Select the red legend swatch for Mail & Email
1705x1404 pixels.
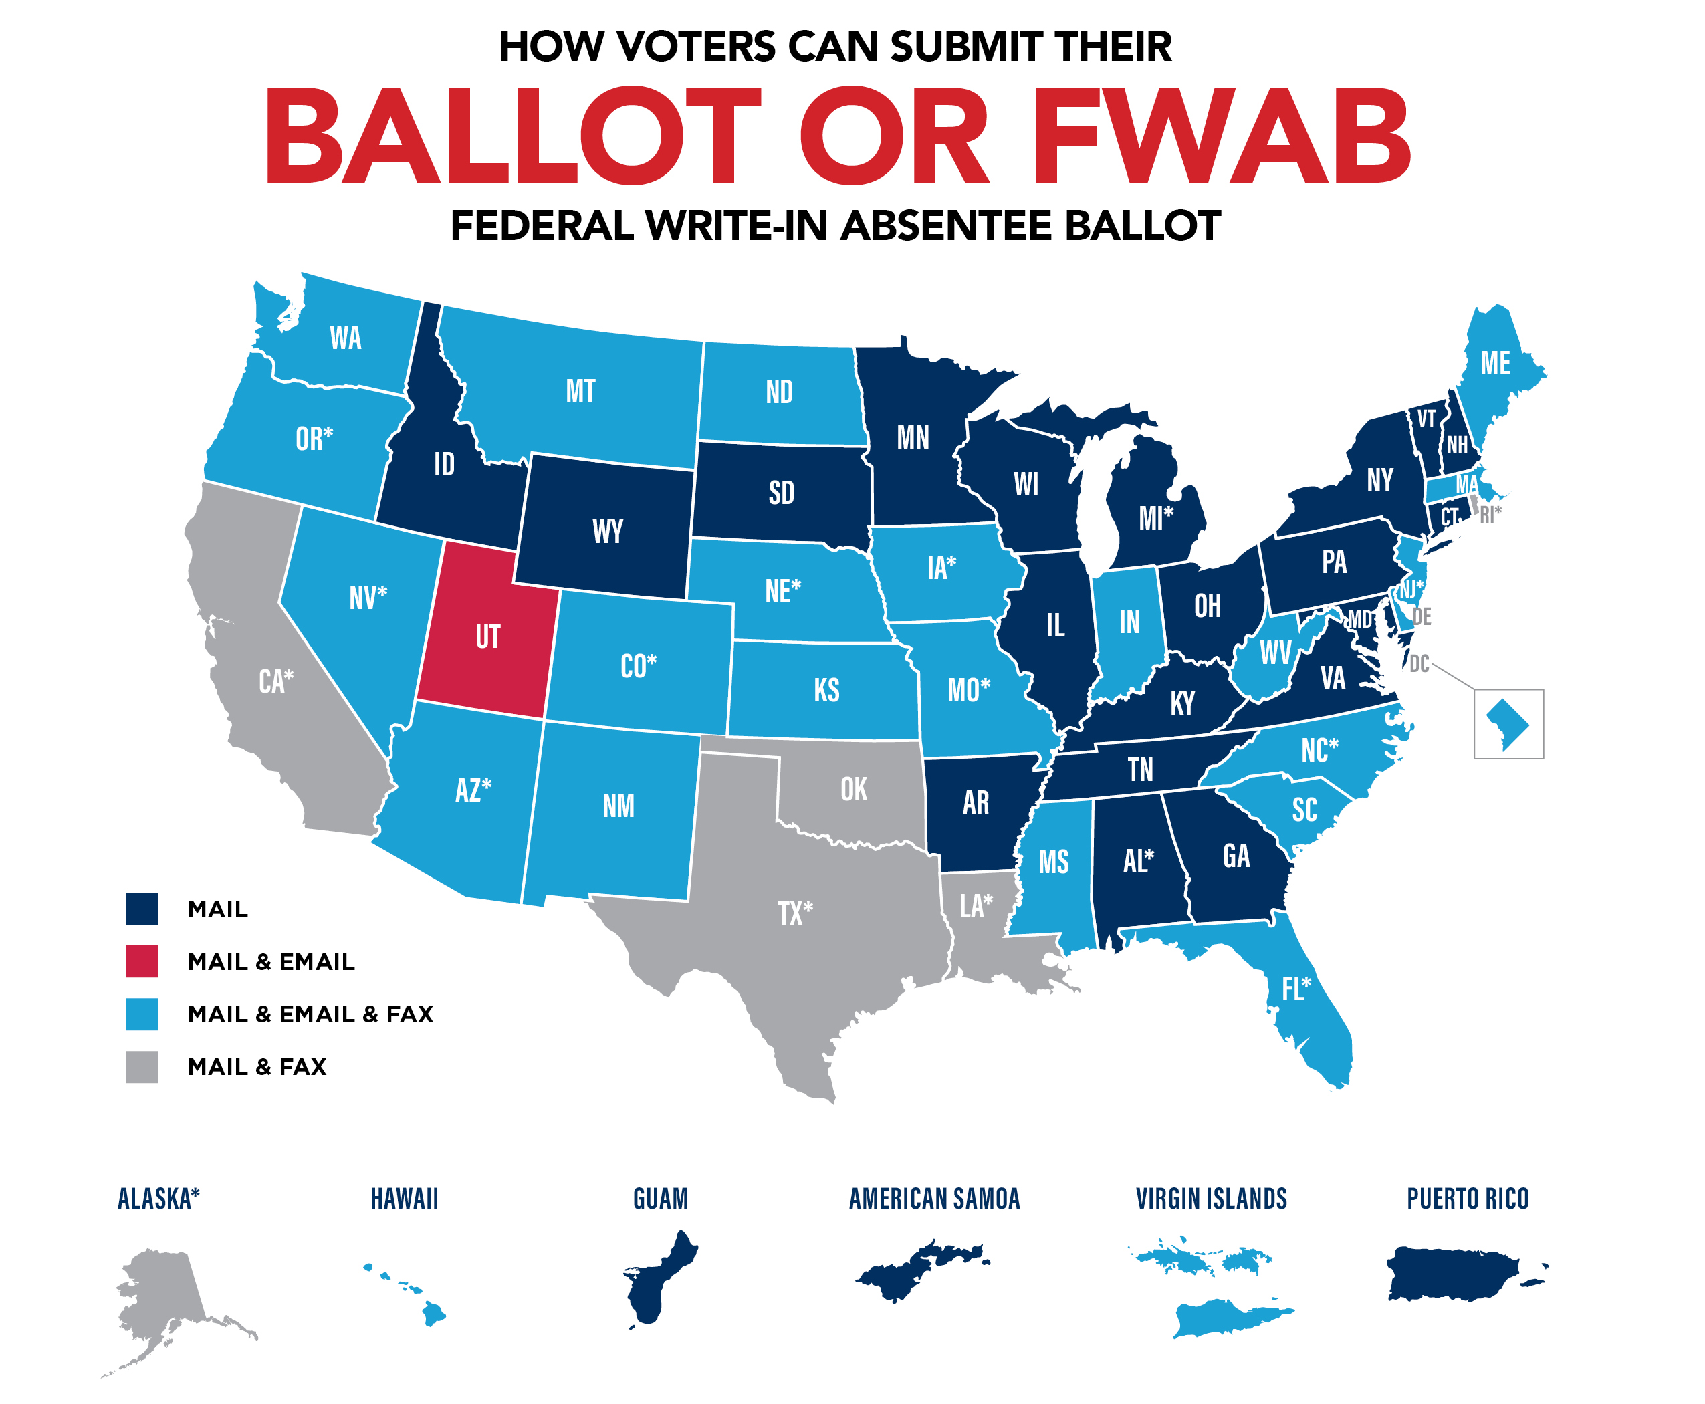(x=142, y=961)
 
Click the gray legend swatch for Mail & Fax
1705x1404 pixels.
(x=142, y=1067)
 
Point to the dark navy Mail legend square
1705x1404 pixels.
(x=142, y=908)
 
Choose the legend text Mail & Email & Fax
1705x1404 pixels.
(x=311, y=1014)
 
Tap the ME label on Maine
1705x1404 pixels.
(x=1494, y=363)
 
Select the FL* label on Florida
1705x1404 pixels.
(x=1296, y=988)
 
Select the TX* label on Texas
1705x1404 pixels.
(x=795, y=913)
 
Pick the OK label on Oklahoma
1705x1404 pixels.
(x=853, y=790)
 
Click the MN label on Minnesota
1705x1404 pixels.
(x=913, y=437)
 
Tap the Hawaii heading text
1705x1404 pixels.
(x=405, y=1199)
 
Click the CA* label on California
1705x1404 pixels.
(x=275, y=681)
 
